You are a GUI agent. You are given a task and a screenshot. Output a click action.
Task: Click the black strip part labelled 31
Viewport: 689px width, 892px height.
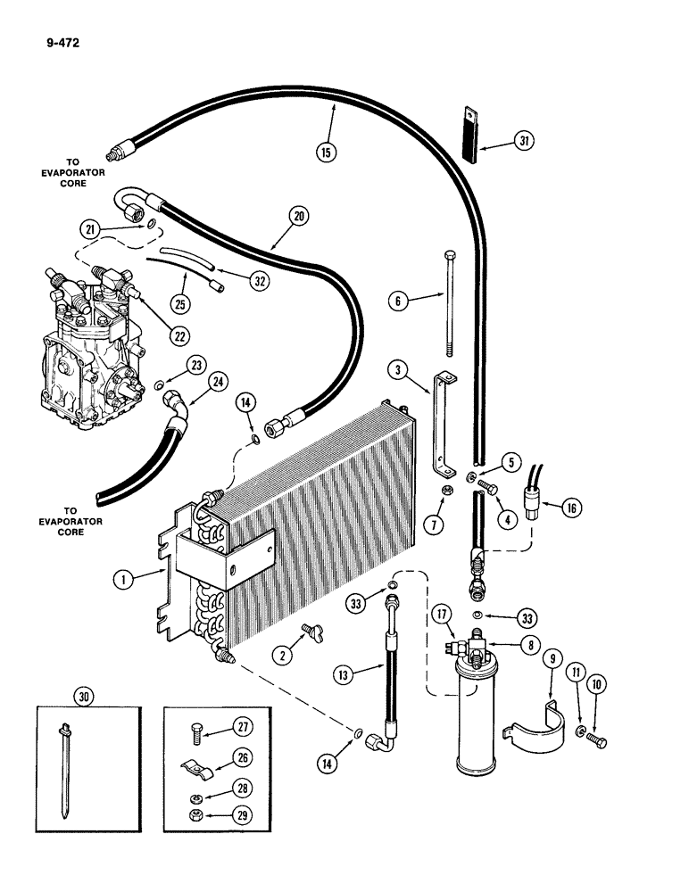point(471,134)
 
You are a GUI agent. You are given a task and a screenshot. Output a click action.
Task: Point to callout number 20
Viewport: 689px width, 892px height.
point(298,215)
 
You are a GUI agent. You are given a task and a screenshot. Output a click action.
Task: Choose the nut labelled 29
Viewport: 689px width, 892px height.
point(203,816)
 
